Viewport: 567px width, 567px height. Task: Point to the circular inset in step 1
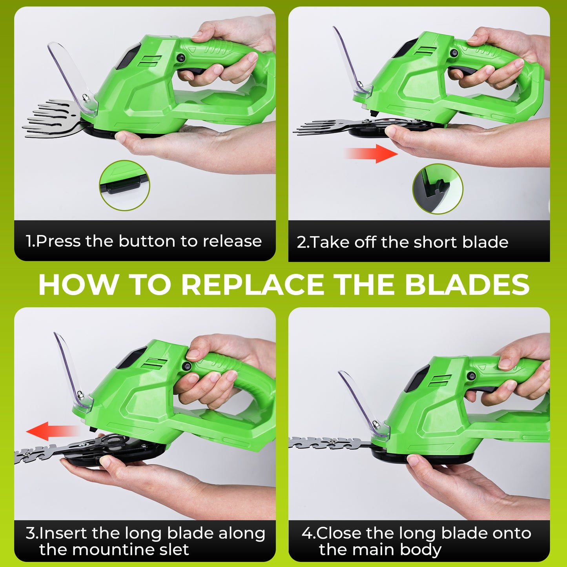124,185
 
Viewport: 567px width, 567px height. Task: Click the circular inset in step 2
438,189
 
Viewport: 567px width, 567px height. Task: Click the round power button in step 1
181,58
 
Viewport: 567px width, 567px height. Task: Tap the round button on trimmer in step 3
187,366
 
